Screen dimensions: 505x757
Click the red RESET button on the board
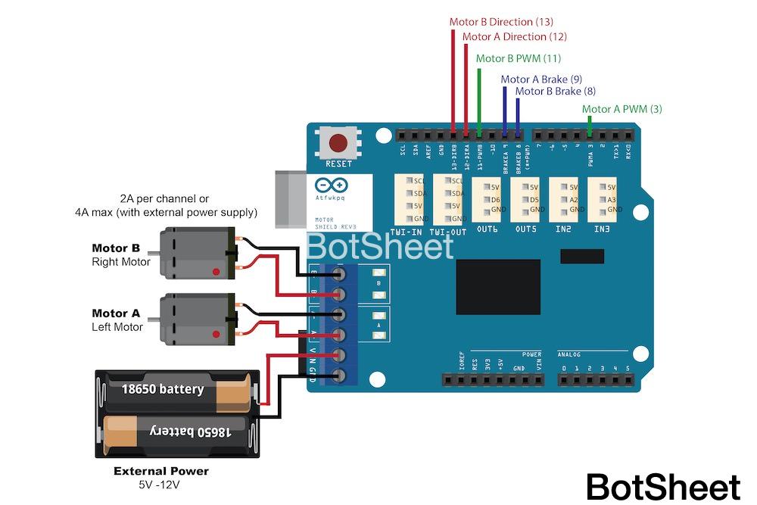coord(338,143)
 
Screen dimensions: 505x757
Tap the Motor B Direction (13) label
coord(501,22)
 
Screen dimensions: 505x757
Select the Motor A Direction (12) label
coord(514,36)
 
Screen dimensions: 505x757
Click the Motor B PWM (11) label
coord(519,58)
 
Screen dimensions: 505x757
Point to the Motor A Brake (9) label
coord(541,79)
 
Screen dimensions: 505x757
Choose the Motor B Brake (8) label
coord(556,92)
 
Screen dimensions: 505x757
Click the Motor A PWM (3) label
coord(622,109)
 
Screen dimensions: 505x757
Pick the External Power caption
coord(161,471)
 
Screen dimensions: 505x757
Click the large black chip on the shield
coord(498,287)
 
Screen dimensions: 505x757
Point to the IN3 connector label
coord(602,229)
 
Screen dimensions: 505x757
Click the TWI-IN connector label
coord(407,231)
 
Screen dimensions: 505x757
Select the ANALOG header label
coord(569,354)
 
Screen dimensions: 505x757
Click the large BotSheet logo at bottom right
coord(663,487)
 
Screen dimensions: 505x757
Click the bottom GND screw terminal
coord(340,376)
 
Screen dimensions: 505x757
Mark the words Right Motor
coord(121,262)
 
